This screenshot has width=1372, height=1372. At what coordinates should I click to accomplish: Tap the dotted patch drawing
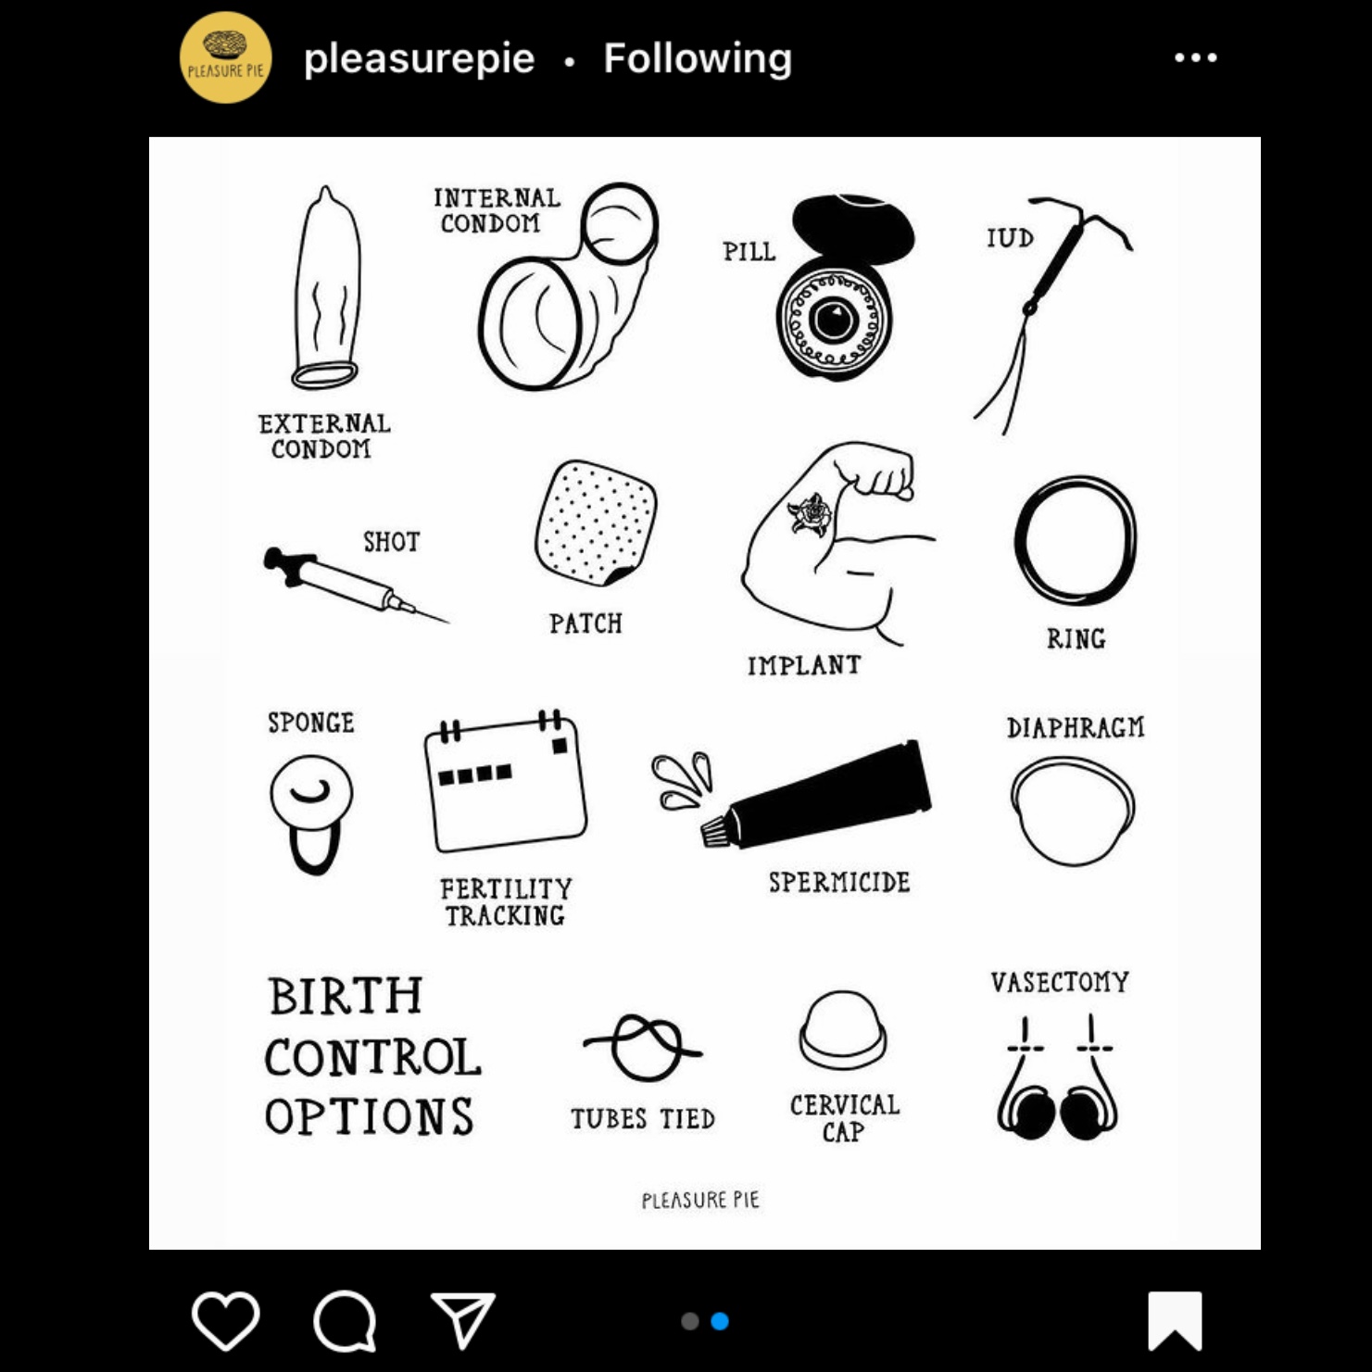[596, 522]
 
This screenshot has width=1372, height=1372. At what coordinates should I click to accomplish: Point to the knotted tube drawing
[642, 1048]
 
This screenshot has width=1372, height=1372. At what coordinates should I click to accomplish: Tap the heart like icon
[225, 1320]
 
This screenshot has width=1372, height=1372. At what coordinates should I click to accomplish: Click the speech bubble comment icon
[345, 1321]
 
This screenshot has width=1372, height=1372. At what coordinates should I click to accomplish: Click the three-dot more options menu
[1195, 57]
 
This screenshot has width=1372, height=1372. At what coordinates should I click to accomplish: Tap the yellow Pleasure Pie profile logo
[225, 57]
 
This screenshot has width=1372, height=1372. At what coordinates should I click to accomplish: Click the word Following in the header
[698, 58]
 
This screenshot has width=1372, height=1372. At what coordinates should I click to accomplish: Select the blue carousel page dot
[720, 1321]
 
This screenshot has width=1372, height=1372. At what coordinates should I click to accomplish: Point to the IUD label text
[1010, 238]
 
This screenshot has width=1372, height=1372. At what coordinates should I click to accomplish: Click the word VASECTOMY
[1060, 982]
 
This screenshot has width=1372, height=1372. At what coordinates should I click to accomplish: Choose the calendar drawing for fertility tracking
[505, 781]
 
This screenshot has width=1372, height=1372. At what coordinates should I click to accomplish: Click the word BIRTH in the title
[346, 997]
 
